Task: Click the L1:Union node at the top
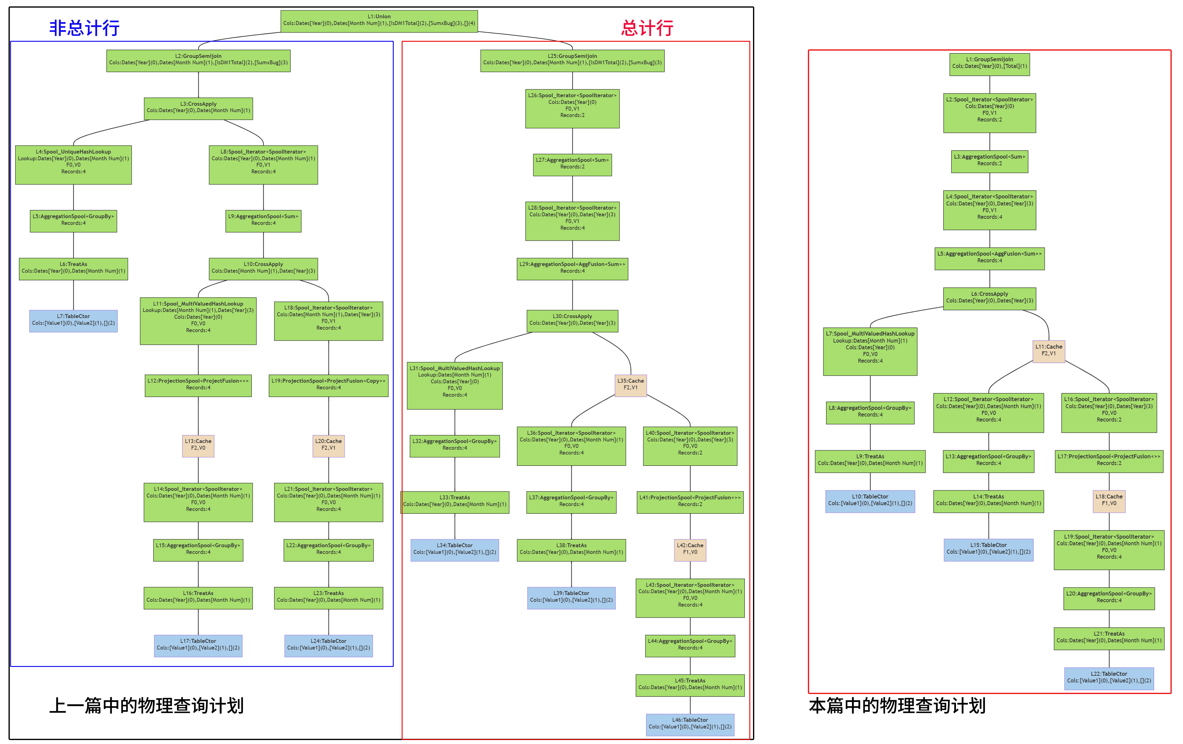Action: [x=379, y=21]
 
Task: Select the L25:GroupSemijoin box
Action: [x=572, y=60]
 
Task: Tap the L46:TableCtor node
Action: [x=690, y=724]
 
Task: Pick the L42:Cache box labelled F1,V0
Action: [x=690, y=549]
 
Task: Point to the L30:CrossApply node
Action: [x=572, y=320]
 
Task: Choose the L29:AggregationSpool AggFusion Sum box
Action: [x=572, y=268]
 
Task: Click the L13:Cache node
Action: [x=198, y=445]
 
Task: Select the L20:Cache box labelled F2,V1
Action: [x=328, y=445]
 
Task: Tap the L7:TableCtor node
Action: [x=73, y=320]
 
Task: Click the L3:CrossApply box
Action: [x=198, y=108]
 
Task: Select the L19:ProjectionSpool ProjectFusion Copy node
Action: [x=328, y=384]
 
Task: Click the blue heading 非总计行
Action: [x=84, y=28]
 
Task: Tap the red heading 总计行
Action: [x=647, y=28]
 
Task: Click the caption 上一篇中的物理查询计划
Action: [x=146, y=706]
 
